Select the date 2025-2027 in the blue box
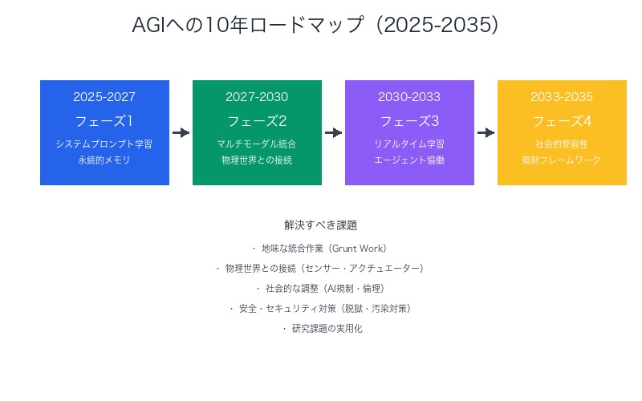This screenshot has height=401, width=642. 104,97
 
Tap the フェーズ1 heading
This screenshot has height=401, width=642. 104,121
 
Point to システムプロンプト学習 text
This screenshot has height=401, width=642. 104,144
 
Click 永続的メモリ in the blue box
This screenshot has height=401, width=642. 104,160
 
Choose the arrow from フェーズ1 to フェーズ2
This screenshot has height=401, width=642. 181,132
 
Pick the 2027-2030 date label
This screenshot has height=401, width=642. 257,97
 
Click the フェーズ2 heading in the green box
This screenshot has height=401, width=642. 257,121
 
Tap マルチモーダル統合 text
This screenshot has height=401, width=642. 257,144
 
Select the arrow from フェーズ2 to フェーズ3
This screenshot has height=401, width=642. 333,132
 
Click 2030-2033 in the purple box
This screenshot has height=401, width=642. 409,97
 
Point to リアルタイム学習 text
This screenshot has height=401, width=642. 409,144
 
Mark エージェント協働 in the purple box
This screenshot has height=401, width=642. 409,160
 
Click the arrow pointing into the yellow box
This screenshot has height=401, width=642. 486,132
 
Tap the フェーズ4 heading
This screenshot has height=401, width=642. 562,121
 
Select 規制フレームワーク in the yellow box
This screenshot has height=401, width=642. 562,160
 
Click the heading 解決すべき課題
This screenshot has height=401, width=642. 321,225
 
